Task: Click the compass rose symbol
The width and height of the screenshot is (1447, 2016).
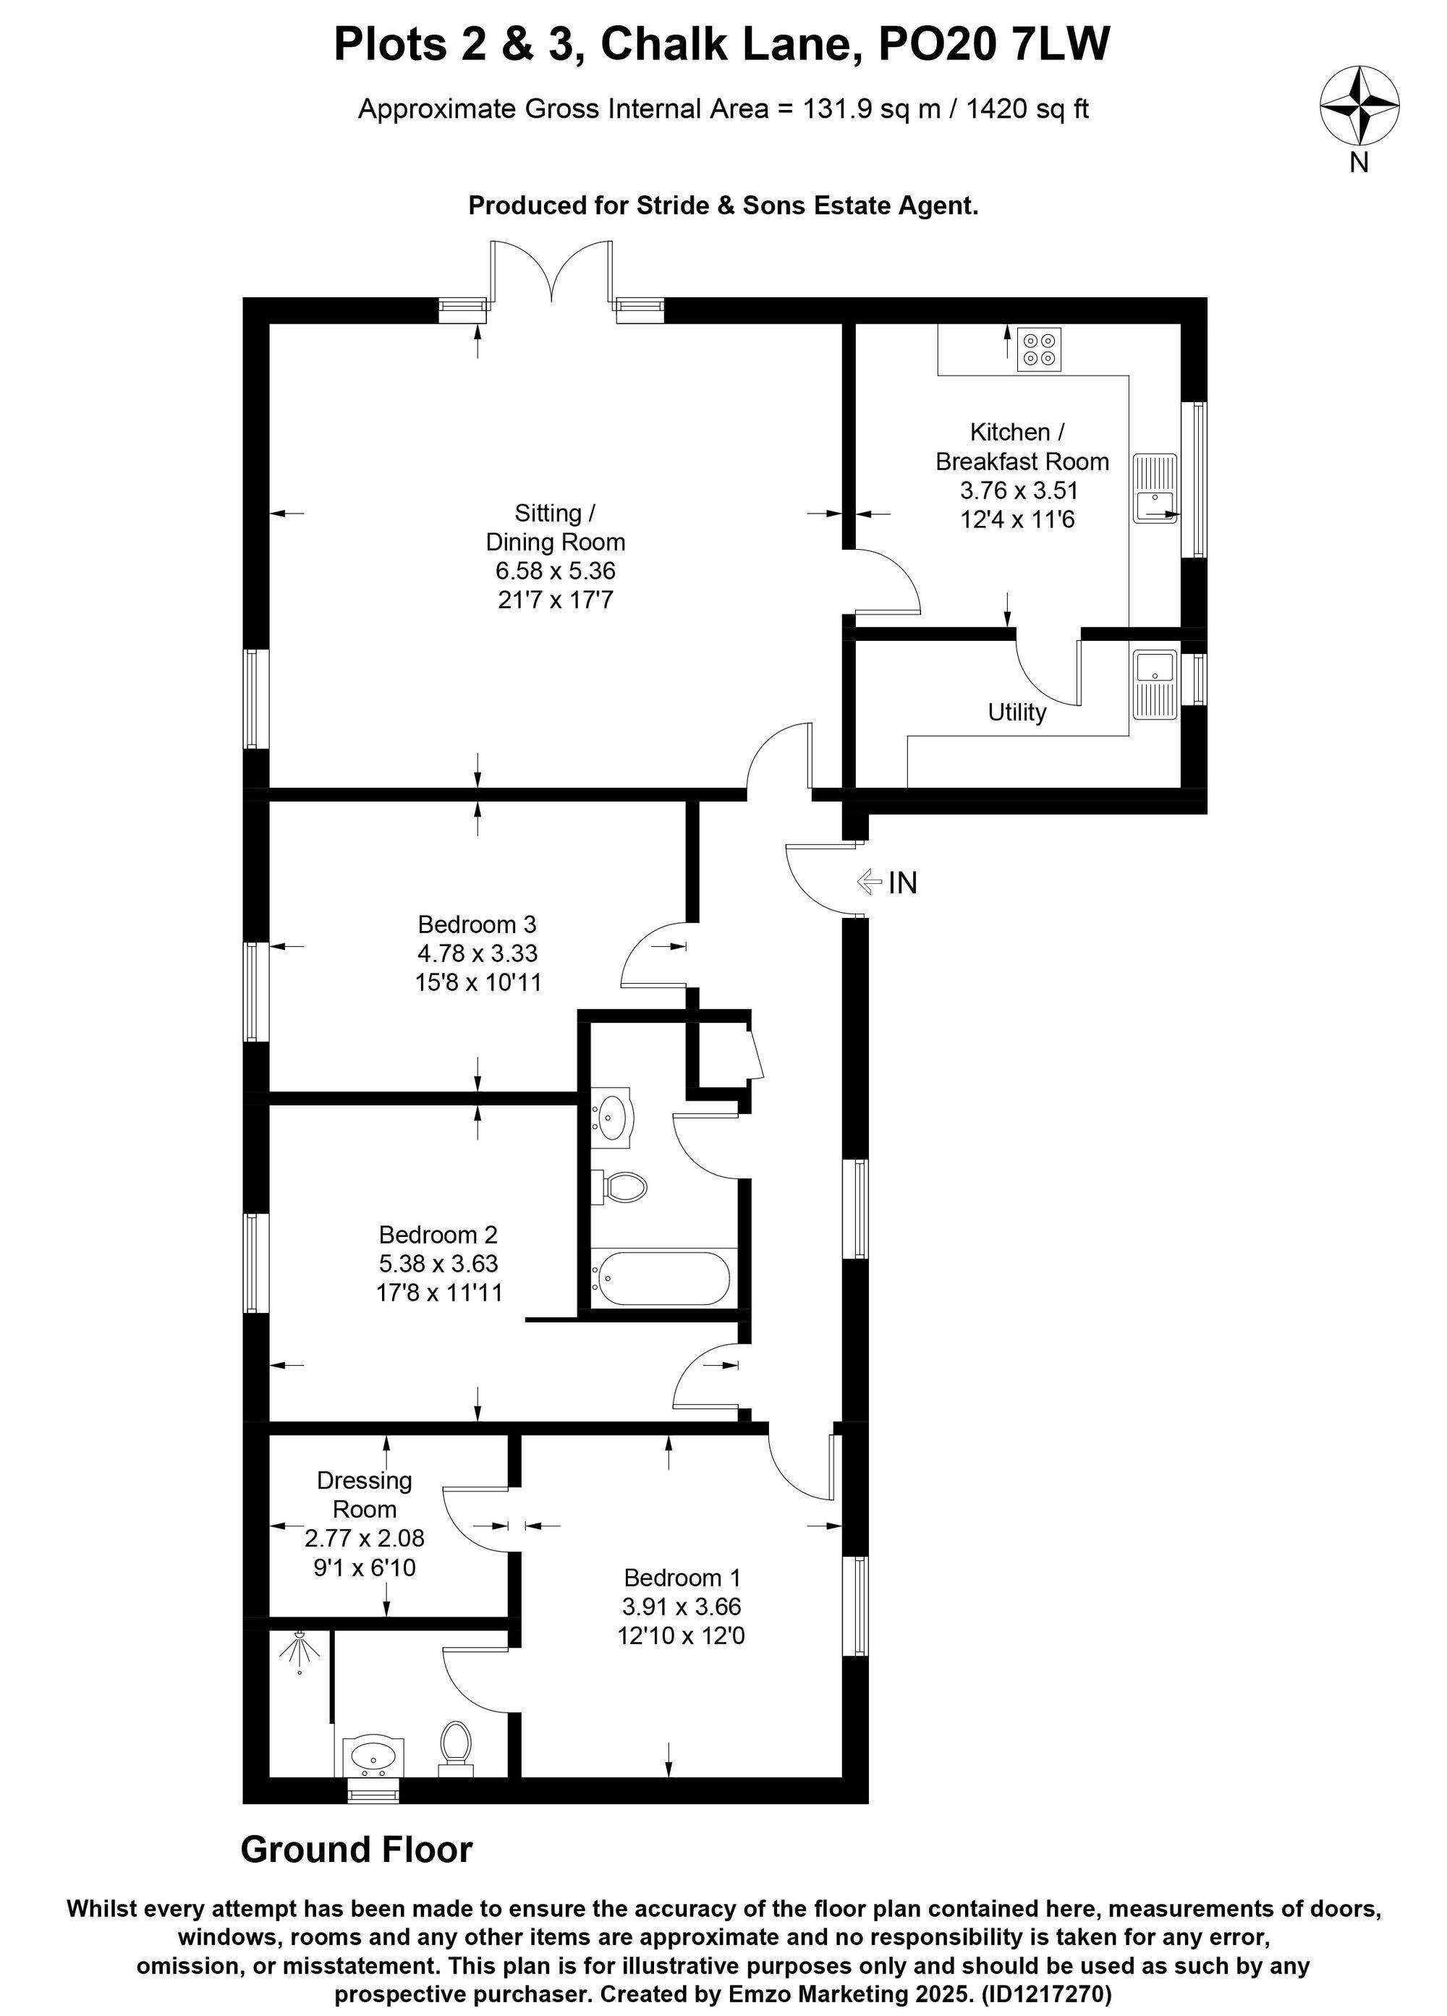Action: point(1359,104)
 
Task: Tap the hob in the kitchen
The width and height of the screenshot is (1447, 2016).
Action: point(1039,349)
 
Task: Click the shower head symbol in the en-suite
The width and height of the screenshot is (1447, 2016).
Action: point(300,1651)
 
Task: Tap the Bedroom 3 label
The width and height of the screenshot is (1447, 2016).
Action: point(478,924)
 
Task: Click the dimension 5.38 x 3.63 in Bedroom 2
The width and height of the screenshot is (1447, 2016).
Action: point(439,1263)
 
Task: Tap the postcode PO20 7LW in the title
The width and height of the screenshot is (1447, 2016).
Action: point(993,43)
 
